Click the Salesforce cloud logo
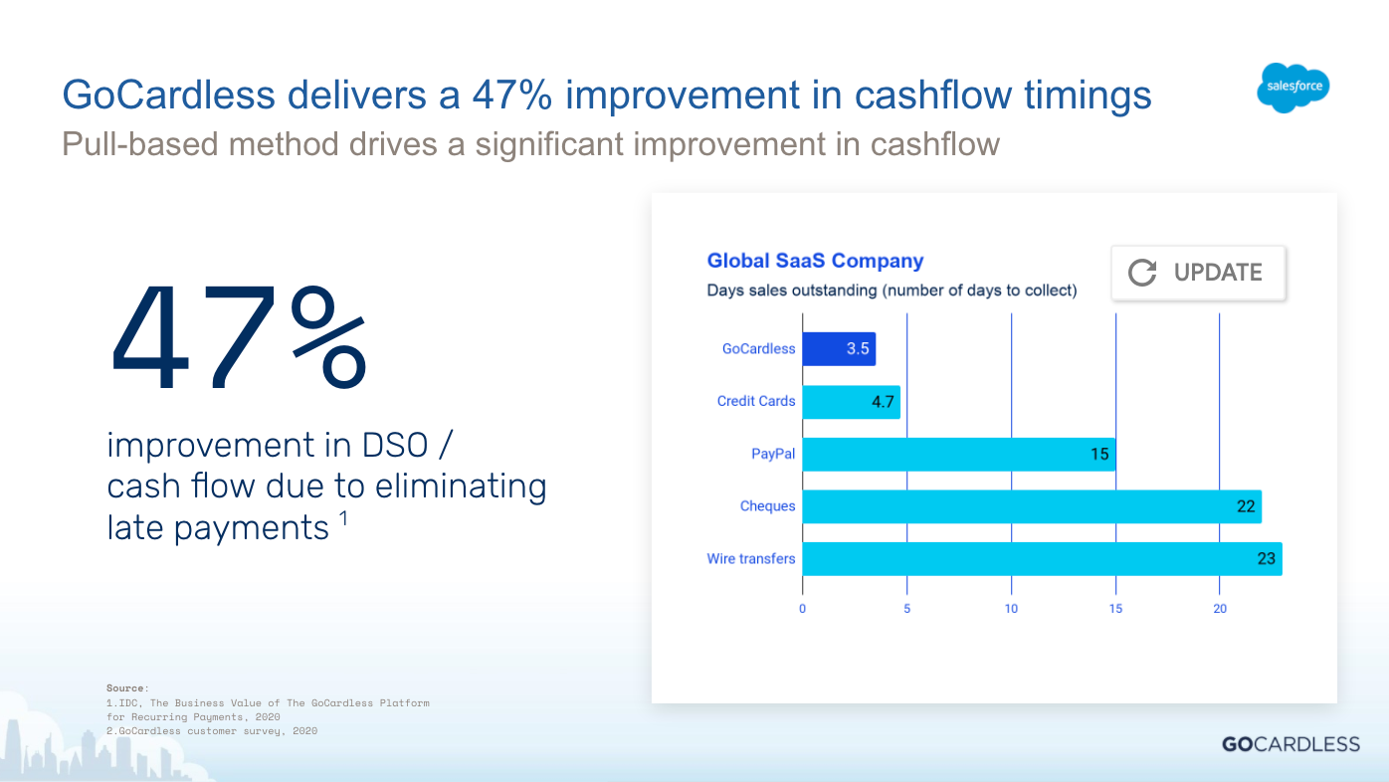coord(1293,88)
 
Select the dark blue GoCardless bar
coord(839,349)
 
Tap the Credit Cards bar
coord(851,402)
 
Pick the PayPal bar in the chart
coord(958,455)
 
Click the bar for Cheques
coord(1031,506)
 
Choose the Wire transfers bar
coord(1042,559)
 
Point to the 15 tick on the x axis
coord(1115,609)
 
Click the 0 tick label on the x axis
coord(803,609)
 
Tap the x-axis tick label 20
coord(1220,609)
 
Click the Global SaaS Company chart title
coord(815,261)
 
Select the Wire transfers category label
coord(750,559)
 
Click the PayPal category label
coord(773,455)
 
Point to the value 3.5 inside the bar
coord(858,349)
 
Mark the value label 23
coord(1266,559)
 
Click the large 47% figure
coord(239,340)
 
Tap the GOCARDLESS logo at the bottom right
coord(1290,744)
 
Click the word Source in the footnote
coord(126,687)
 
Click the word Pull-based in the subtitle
coord(140,145)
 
